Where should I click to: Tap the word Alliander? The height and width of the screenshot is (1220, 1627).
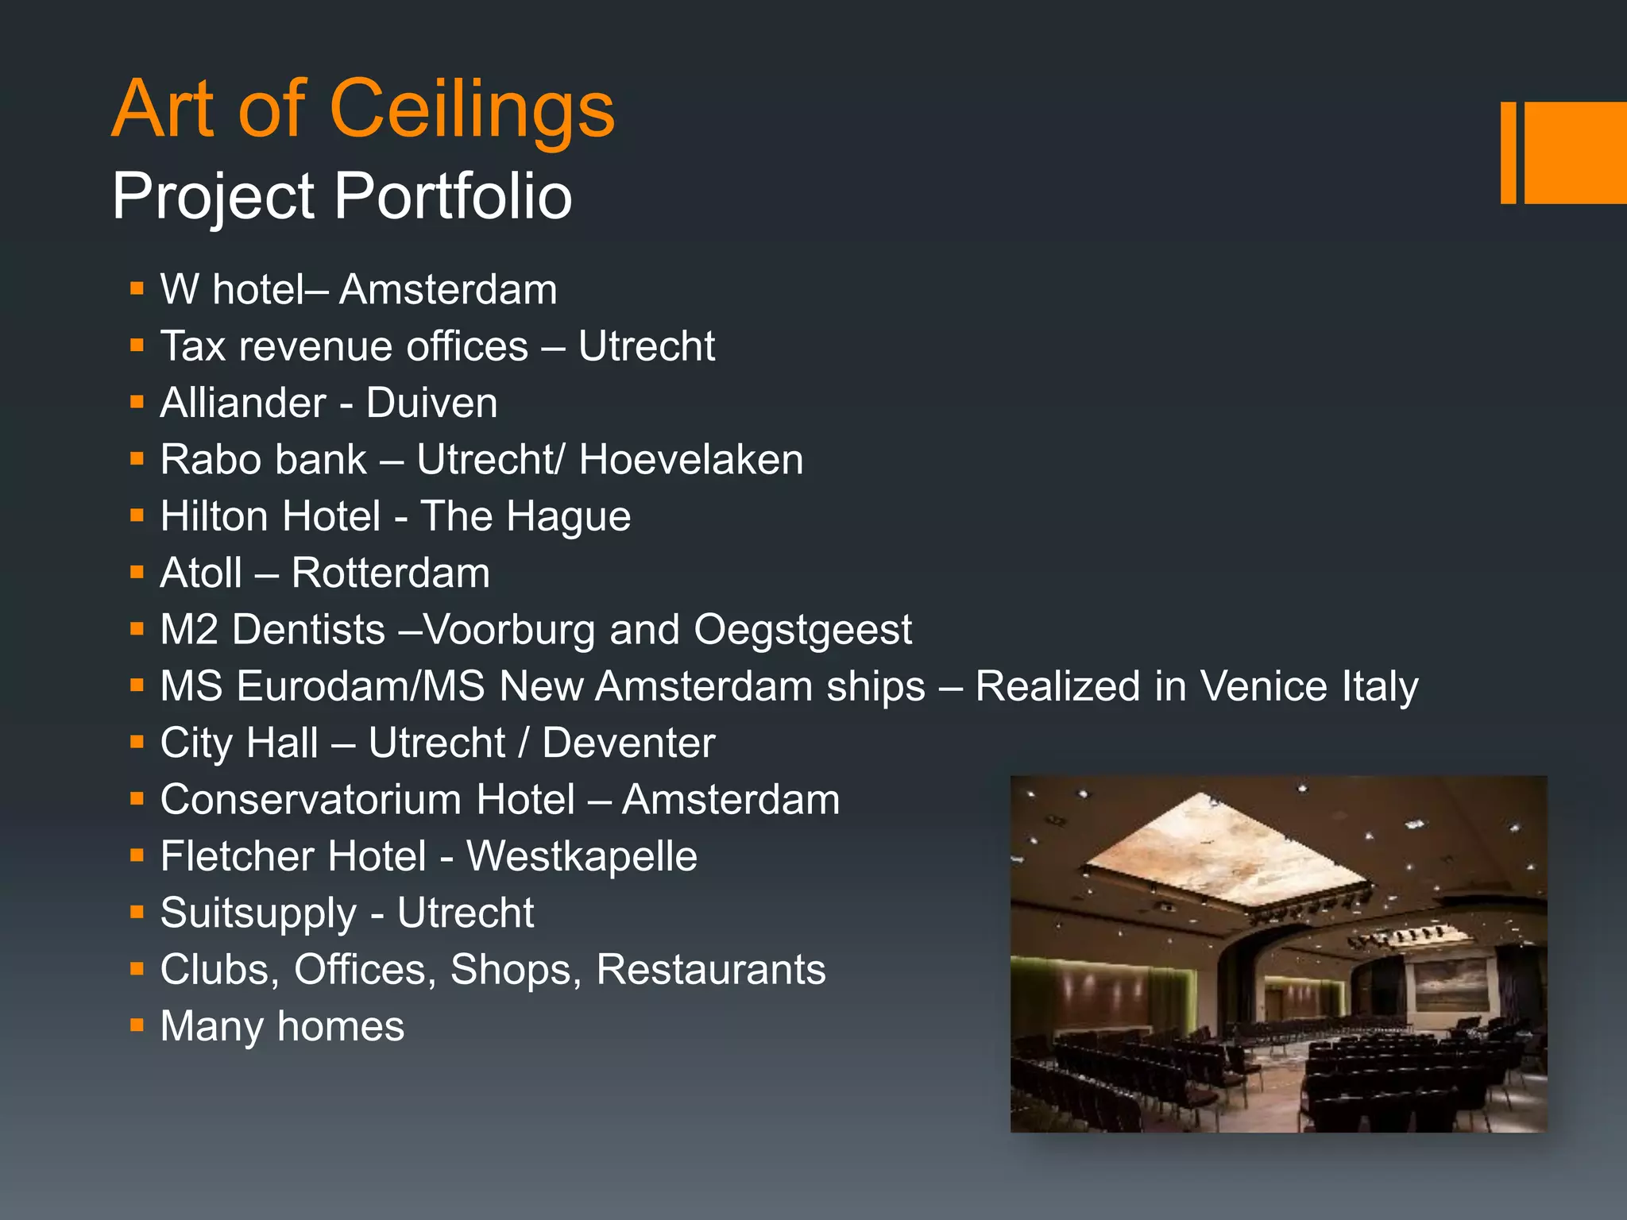click(x=243, y=403)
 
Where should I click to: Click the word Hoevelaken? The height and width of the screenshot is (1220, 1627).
click(x=691, y=460)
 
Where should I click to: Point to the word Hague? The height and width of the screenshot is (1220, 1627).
click(x=569, y=517)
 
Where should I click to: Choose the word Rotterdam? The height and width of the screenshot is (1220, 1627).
click(x=391, y=573)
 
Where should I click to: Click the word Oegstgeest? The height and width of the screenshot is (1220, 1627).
click(x=802, y=630)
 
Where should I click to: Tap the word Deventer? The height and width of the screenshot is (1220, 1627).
click(x=628, y=743)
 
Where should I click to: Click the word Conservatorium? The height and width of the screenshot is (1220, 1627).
click(x=368, y=800)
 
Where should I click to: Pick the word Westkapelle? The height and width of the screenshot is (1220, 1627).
click(x=582, y=856)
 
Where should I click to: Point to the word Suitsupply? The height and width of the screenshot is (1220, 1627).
click(x=258, y=913)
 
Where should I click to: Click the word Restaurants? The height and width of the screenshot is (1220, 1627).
click(x=711, y=970)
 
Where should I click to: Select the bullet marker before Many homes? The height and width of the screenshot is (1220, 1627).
click(x=137, y=1025)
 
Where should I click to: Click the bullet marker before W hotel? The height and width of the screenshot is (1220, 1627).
click(x=137, y=288)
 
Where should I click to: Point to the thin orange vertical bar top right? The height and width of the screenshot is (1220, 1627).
click(x=1508, y=152)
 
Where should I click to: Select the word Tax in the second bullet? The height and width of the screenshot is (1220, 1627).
click(x=193, y=346)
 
